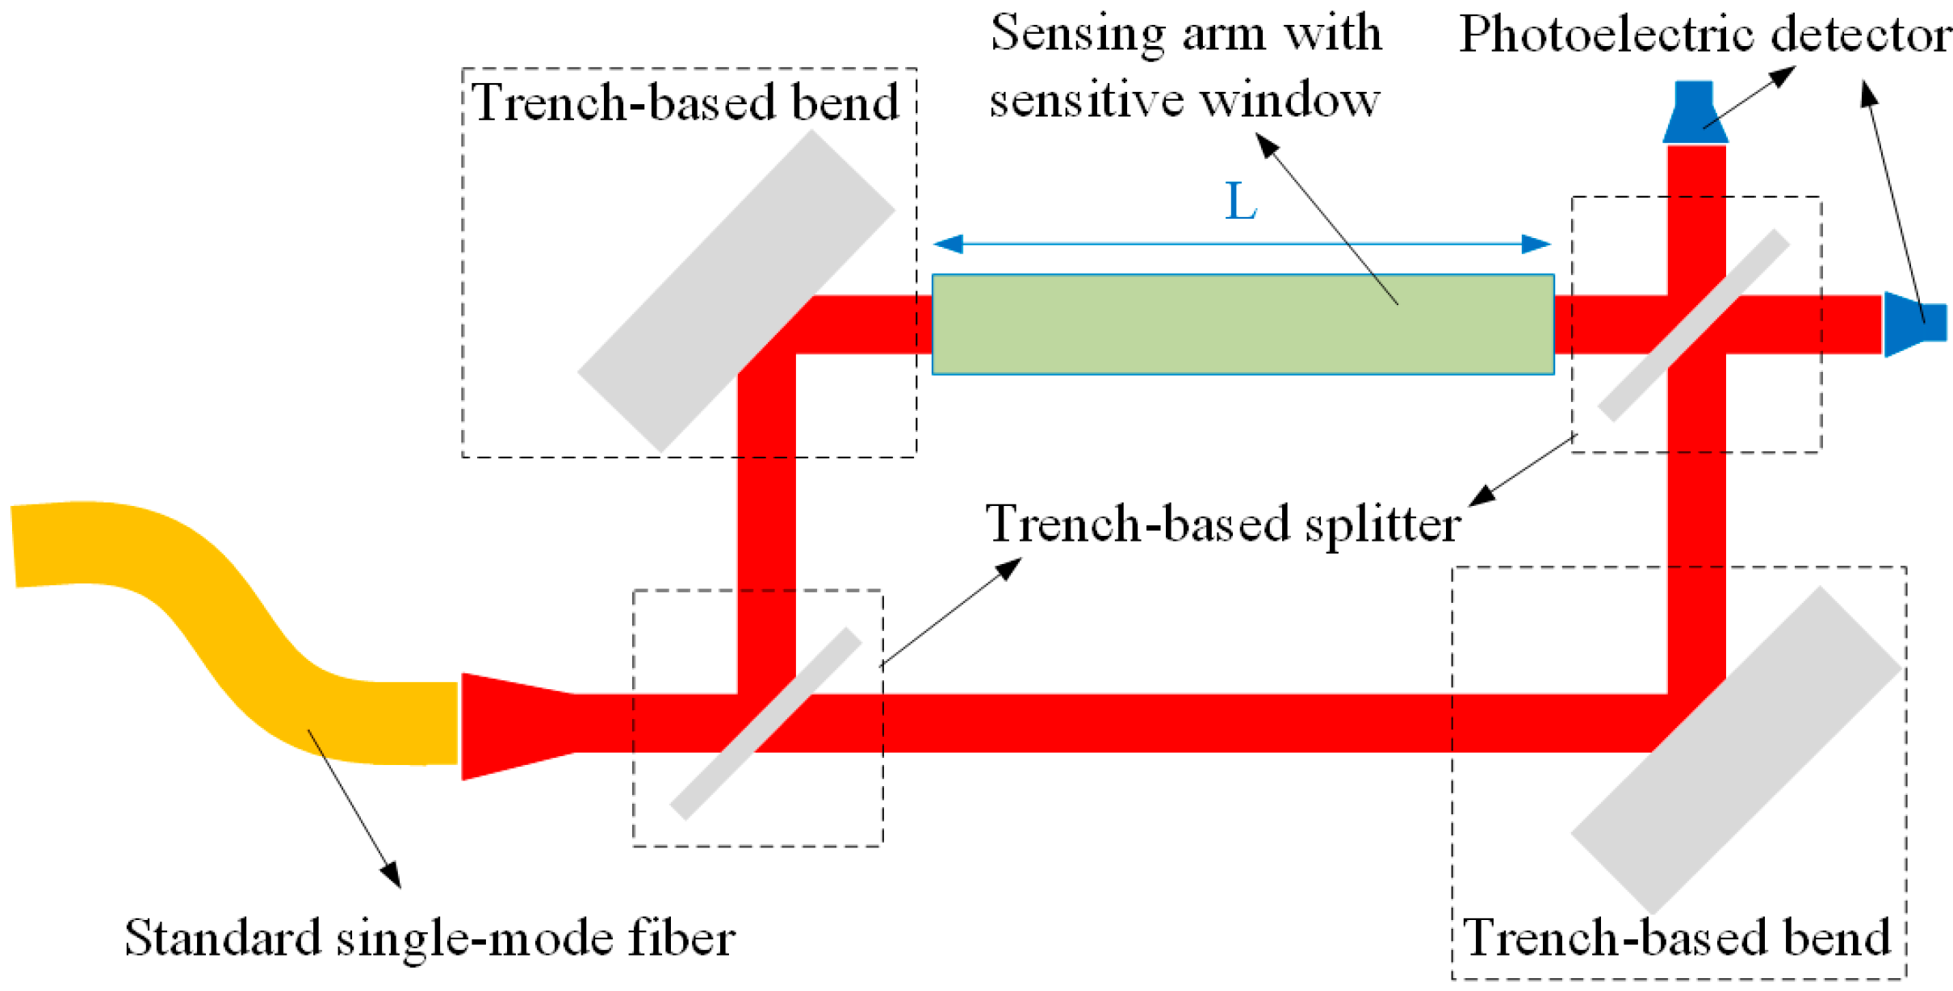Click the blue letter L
pos(1240,202)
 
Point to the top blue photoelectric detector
pos(1695,113)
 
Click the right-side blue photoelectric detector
pos(1913,323)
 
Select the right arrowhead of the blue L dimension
pos(1536,243)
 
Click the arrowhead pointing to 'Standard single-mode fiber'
pos(392,875)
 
